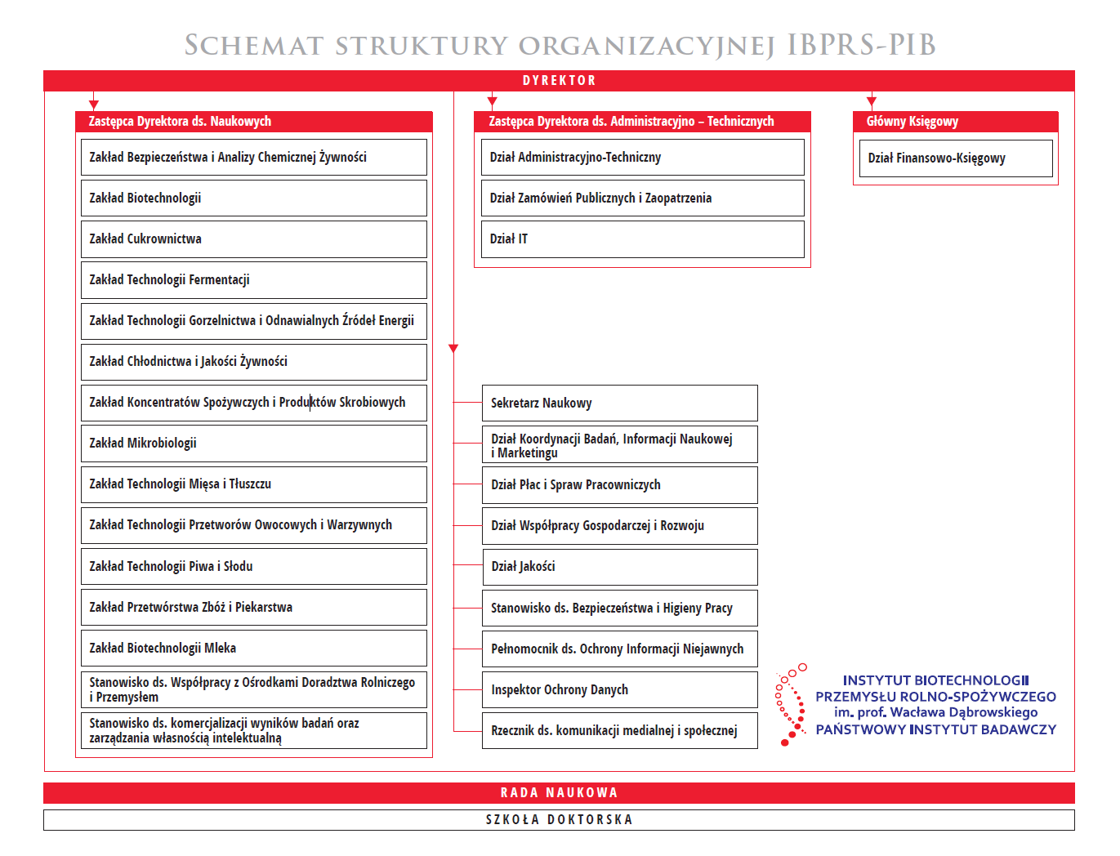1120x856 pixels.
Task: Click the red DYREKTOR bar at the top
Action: [x=559, y=80]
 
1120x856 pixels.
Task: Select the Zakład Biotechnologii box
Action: [x=253, y=198]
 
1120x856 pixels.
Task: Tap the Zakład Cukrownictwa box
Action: [x=253, y=239]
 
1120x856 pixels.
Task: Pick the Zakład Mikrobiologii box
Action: [x=253, y=443]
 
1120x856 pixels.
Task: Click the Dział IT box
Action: [x=639, y=239]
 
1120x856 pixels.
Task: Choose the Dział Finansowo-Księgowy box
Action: [x=955, y=158]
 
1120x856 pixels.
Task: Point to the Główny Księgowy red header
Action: [x=955, y=122]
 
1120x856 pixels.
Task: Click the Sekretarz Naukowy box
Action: [x=619, y=403]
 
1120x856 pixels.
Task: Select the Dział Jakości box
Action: [x=619, y=566]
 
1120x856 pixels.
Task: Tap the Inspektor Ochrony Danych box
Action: [x=619, y=689]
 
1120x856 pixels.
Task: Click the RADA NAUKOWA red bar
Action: [x=559, y=792]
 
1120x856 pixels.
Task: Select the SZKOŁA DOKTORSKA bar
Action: [x=559, y=819]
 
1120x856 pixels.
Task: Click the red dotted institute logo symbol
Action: [x=789, y=704]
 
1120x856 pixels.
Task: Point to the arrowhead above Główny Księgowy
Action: [x=872, y=102]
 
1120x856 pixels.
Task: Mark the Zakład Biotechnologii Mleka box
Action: [x=253, y=648]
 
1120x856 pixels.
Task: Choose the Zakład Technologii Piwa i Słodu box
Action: [x=253, y=566]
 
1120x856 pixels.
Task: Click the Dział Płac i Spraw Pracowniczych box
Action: [x=619, y=484]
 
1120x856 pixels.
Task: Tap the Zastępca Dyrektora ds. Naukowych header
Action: [x=253, y=122]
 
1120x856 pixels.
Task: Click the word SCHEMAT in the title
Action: [x=254, y=46]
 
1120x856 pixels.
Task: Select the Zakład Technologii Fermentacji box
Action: [x=253, y=279]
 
